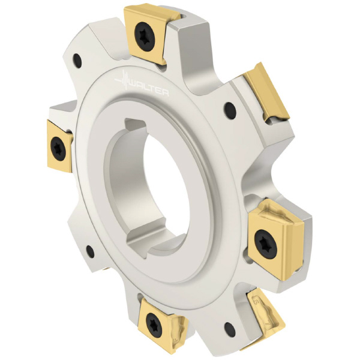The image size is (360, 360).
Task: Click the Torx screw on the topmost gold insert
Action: tap(143, 37)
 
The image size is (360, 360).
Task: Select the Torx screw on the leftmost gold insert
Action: tap(58, 149)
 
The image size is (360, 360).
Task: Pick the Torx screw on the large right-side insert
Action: tap(266, 244)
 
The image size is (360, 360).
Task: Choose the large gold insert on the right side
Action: tap(276, 239)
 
